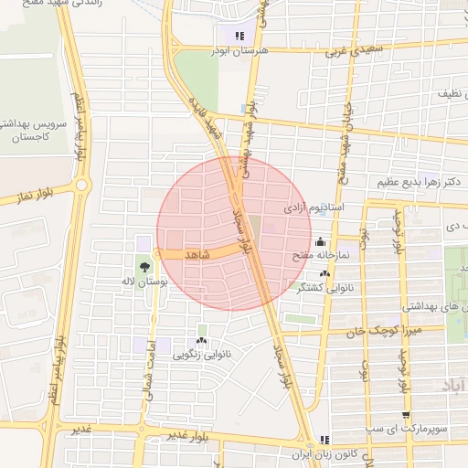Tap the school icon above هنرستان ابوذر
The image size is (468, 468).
click(x=239, y=37)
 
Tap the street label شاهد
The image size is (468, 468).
click(x=197, y=254)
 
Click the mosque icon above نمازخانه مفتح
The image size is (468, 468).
click(x=320, y=242)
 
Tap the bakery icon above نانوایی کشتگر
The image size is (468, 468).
click(x=325, y=273)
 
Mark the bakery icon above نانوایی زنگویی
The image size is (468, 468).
click(x=201, y=340)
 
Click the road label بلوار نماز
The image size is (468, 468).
click(x=33, y=197)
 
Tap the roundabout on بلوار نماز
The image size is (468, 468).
click(x=81, y=186)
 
